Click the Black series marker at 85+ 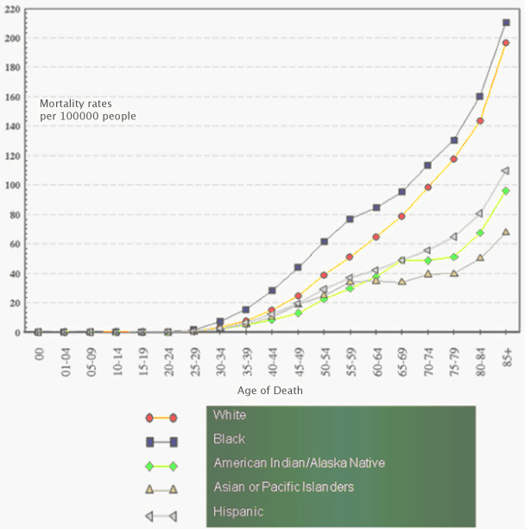coord(506,22)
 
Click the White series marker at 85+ coord(506,43)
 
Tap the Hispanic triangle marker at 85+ coord(506,170)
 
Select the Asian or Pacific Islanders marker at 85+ coord(506,232)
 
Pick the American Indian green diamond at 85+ coord(506,191)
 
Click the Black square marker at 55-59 coord(350,219)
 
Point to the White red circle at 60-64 coord(376,237)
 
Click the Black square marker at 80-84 coord(480,96)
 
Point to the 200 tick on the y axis coord(16,38)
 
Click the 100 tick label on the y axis coord(16,185)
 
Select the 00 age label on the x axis coord(39,355)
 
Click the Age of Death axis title coord(269,390)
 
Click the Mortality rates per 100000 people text coord(87,110)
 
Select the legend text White coord(229,415)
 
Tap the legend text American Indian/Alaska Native coord(299,463)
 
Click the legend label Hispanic coord(238,512)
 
